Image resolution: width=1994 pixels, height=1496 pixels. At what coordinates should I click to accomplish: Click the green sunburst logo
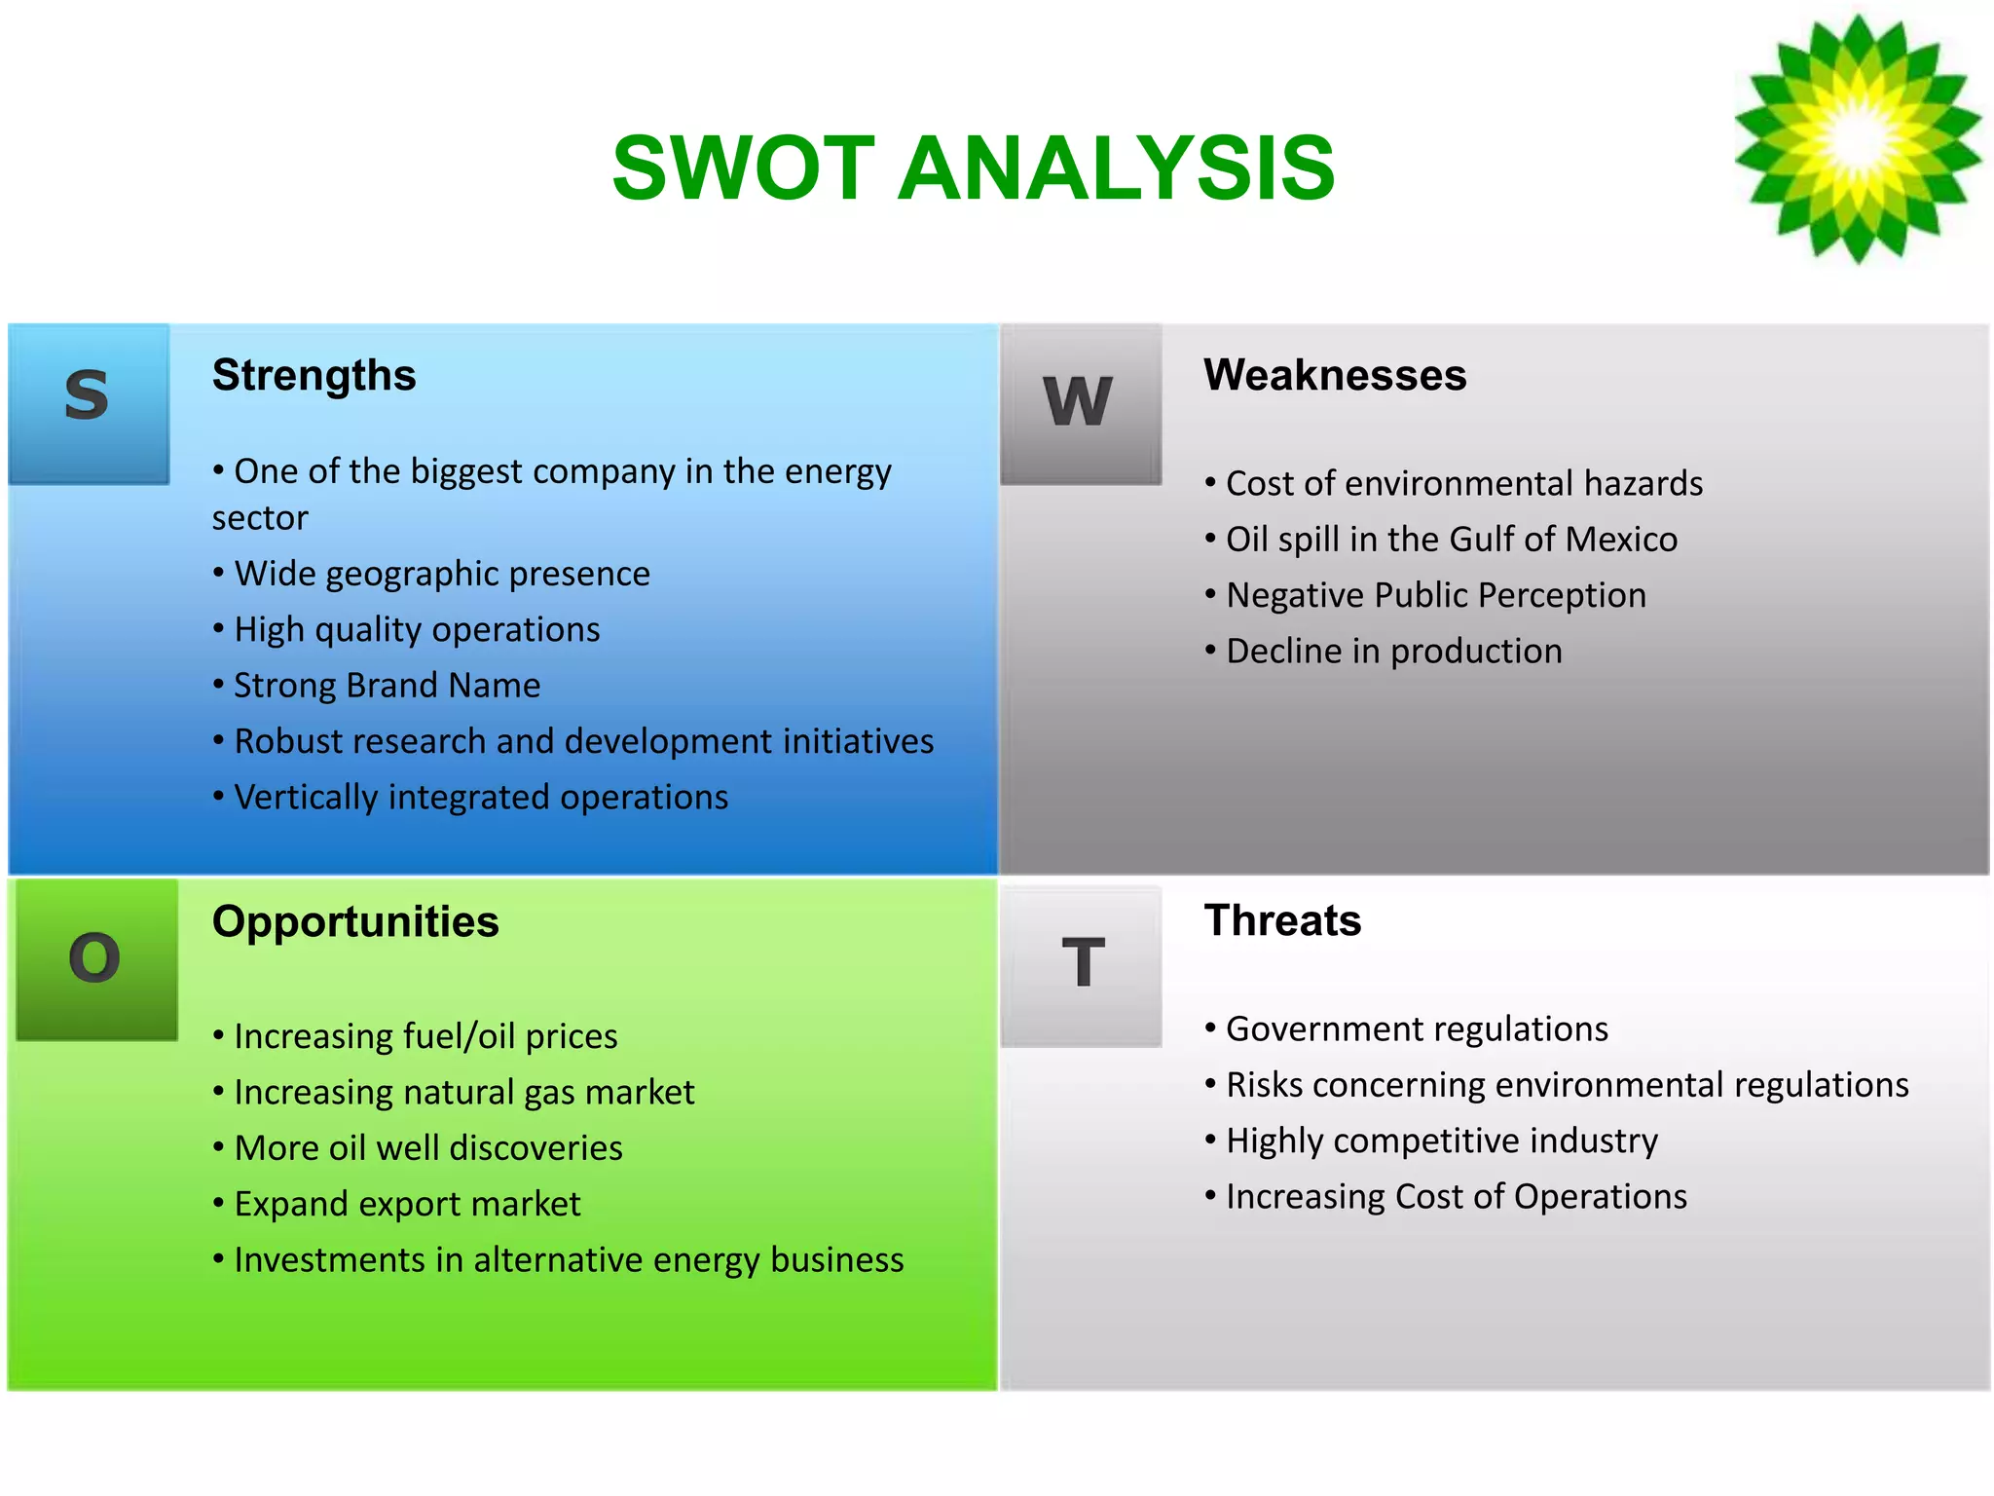(1858, 138)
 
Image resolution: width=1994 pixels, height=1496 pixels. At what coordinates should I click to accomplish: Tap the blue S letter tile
(89, 403)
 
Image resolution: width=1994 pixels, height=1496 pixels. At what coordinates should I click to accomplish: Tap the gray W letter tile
(1080, 403)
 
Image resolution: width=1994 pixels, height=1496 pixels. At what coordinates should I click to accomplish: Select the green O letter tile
(96, 959)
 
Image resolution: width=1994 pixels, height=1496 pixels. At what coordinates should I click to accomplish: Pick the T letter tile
(1082, 965)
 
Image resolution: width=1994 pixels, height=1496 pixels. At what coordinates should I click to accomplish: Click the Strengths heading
(314, 376)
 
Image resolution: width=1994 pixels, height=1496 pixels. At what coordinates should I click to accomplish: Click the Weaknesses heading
(1334, 376)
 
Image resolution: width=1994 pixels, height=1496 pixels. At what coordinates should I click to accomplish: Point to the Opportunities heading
(355, 922)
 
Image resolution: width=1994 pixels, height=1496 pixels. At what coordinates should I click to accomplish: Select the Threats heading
(1282, 921)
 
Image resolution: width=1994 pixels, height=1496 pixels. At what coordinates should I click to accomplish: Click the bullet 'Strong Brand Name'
(387, 686)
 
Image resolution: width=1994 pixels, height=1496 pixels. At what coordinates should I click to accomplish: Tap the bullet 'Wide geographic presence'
(441, 574)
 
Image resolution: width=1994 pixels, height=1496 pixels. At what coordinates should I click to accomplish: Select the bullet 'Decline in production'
(1393, 652)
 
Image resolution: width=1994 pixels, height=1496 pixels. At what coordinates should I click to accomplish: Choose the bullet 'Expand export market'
(406, 1205)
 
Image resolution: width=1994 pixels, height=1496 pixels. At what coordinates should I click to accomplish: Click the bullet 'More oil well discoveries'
(427, 1148)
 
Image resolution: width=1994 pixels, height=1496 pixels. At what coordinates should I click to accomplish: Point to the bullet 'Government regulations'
(1416, 1029)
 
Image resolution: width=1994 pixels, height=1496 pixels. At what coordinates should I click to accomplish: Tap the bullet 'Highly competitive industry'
(1441, 1141)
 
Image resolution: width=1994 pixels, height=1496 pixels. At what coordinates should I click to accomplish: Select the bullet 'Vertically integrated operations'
(480, 798)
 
